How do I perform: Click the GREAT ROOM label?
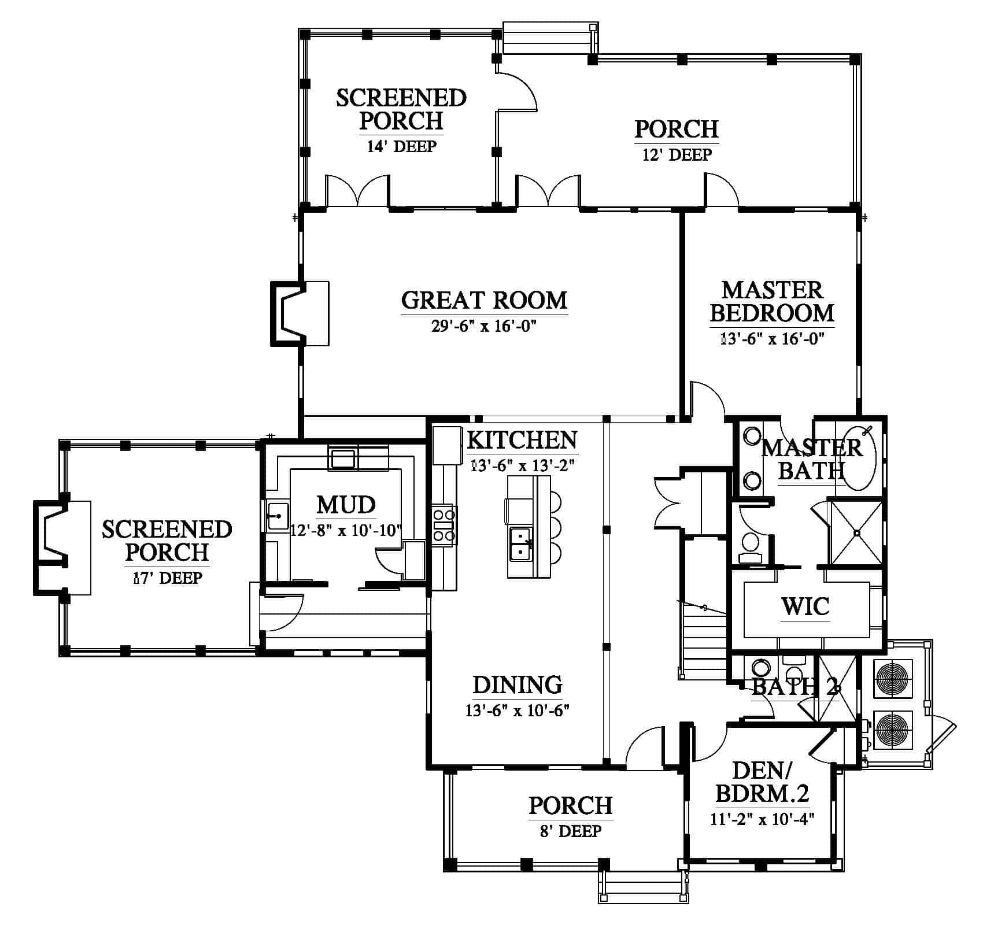point(485,301)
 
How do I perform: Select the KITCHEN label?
point(522,440)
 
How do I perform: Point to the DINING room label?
point(518,684)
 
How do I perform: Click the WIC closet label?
point(805,606)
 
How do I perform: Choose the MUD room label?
point(346,505)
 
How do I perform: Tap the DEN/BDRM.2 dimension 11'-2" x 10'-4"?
point(762,819)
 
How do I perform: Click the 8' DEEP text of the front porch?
point(570,831)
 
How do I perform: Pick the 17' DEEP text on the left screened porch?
point(167,578)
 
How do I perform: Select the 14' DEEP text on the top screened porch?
point(401,146)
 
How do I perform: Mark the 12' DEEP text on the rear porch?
point(677,155)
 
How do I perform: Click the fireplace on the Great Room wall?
point(300,313)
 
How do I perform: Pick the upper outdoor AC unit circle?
point(895,676)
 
